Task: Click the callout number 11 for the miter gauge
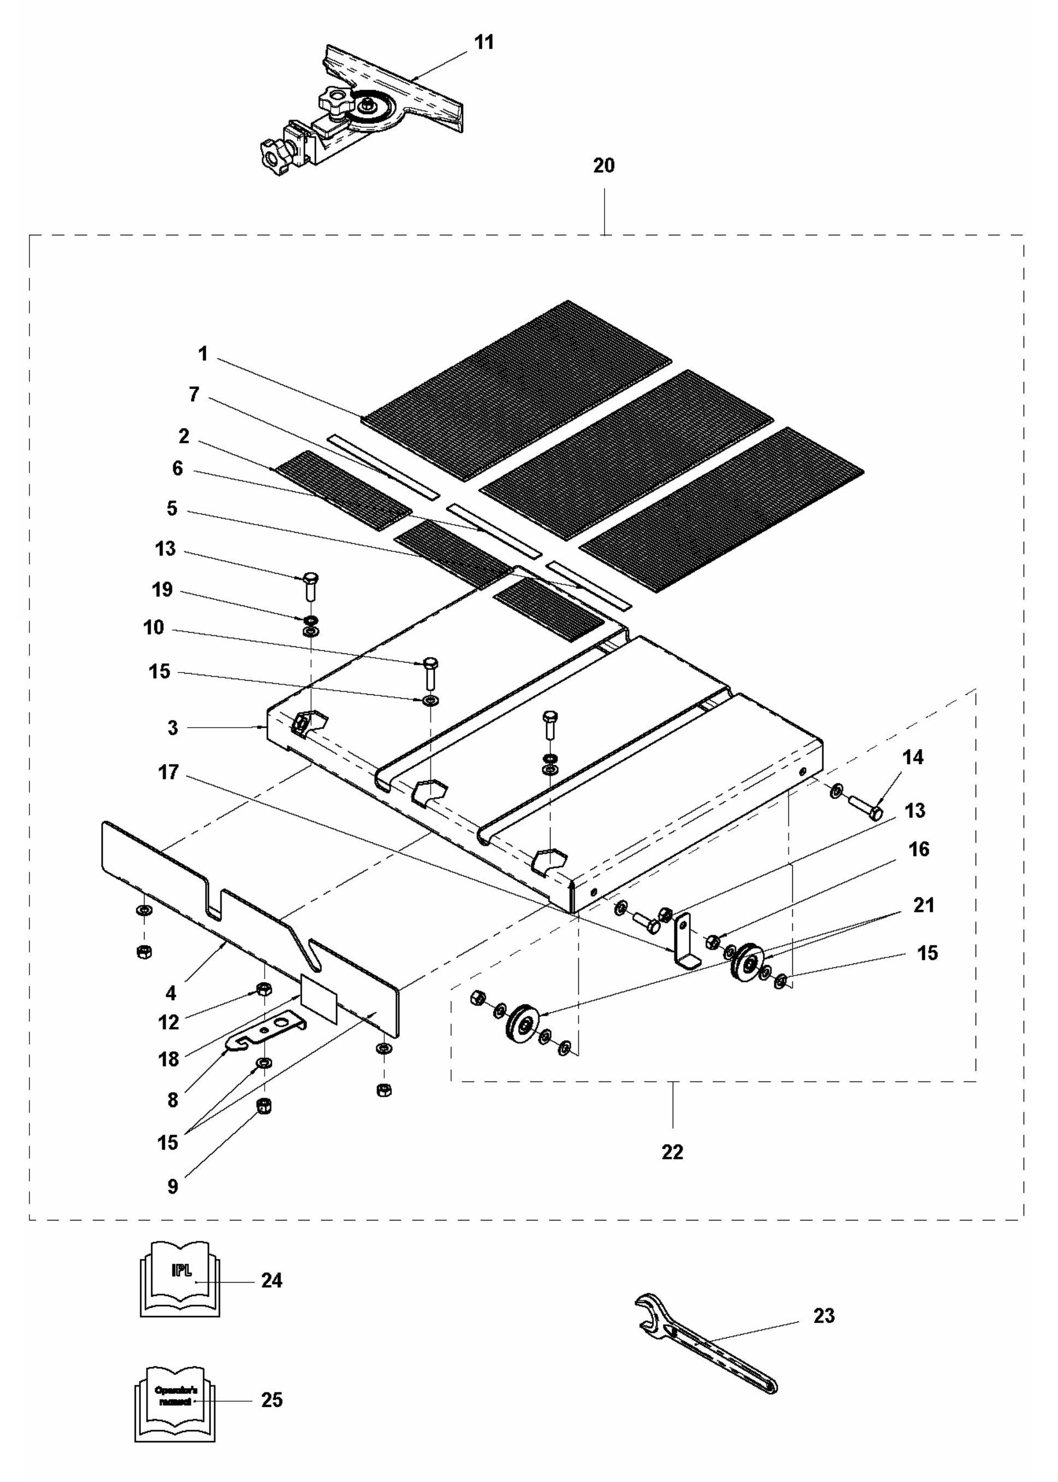483,43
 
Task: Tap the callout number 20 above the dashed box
603,165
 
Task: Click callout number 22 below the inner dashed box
672,1152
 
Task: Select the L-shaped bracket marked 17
685,942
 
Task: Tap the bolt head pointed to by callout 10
431,663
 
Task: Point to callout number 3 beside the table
172,728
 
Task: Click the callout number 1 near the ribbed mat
204,354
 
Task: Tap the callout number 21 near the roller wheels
924,905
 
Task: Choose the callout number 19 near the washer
162,590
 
